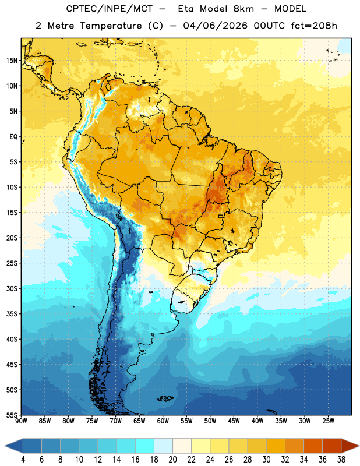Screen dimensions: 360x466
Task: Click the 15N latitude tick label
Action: click(12, 61)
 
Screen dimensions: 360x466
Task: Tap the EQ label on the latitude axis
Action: click(13, 137)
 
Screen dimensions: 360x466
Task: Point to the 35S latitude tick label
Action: click(12, 314)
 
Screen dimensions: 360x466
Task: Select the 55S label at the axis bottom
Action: click(12, 415)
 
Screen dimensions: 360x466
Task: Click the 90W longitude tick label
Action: click(21, 421)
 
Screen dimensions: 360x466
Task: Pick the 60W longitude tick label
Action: click(163, 421)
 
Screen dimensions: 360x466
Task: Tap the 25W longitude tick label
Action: click(328, 421)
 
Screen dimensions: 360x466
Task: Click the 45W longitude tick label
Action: click(234, 421)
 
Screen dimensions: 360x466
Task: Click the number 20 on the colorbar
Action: click(172, 460)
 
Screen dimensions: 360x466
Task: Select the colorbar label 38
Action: click(341, 460)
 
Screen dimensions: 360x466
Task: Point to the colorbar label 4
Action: click(23, 460)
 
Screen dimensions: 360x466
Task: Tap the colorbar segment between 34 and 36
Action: click(313, 446)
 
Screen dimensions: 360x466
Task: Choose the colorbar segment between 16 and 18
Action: click(144, 446)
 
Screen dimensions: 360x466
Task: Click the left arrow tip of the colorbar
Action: click(5, 446)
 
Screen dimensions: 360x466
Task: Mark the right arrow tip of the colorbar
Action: click(359, 446)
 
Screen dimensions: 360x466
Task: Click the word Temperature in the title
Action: click(111, 26)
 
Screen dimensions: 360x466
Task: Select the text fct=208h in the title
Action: click(314, 26)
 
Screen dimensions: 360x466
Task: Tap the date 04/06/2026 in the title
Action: click(215, 26)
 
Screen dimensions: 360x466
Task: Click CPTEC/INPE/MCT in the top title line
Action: click(110, 9)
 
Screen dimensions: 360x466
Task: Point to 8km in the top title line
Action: click(243, 9)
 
